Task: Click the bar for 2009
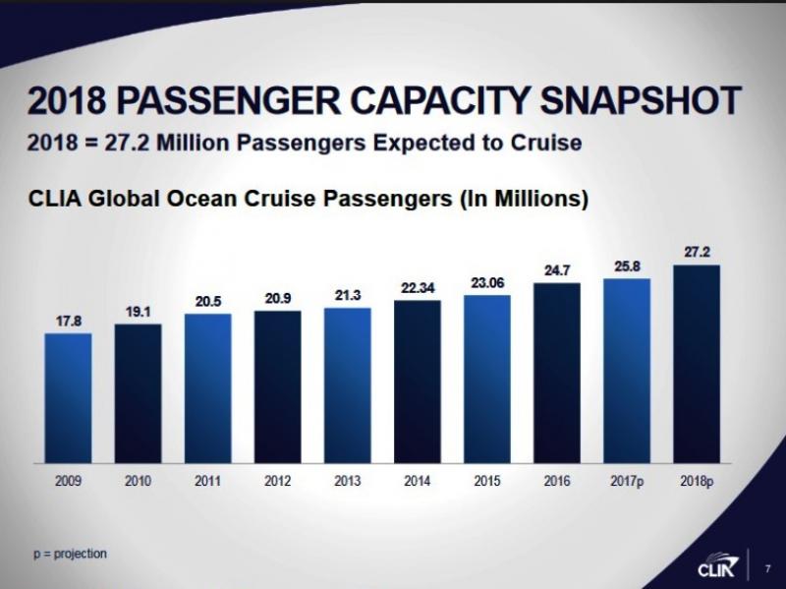(x=68, y=397)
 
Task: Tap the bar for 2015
(x=487, y=379)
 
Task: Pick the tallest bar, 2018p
(x=697, y=364)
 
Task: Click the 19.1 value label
(x=138, y=312)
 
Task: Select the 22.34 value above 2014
(x=418, y=287)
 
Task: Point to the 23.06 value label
(x=487, y=282)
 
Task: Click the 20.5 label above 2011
(x=207, y=302)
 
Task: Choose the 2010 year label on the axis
(x=138, y=483)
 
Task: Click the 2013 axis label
(x=348, y=483)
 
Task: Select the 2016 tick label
(x=557, y=483)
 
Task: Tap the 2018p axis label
(x=697, y=483)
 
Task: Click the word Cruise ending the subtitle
(x=547, y=144)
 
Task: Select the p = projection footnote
(x=69, y=554)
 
